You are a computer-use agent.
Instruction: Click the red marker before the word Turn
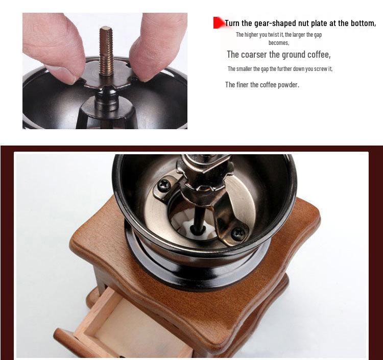click(x=219, y=23)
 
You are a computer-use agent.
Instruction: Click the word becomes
click(x=278, y=43)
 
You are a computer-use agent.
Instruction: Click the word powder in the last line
click(x=286, y=85)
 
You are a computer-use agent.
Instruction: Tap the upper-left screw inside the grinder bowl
click(x=163, y=185)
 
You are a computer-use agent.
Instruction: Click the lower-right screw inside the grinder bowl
click(x=237, y=232)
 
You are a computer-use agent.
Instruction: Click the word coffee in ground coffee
click(x=317, y=55)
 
